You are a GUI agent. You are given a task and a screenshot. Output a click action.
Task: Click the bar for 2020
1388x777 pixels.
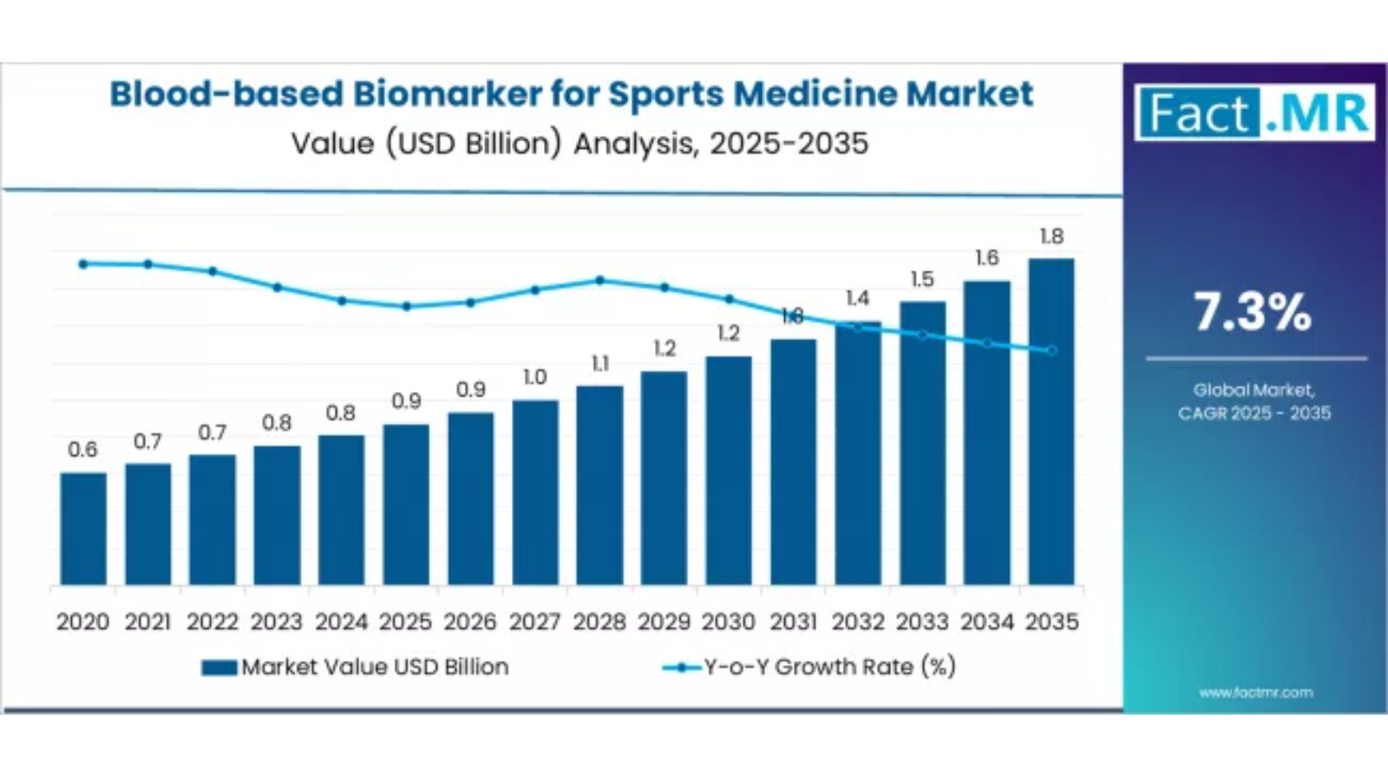click(83, 528)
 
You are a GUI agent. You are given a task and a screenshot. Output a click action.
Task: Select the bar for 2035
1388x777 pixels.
click(1051, 421)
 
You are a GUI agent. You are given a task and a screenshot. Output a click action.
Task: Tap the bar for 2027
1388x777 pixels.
click(535, 492)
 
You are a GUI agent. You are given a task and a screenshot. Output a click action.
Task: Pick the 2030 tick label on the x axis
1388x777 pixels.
click(729, 622)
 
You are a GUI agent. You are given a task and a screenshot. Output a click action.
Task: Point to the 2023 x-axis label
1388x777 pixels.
click(277, 622)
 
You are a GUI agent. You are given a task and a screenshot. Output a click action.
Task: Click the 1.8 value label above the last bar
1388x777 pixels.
click(1051, 236)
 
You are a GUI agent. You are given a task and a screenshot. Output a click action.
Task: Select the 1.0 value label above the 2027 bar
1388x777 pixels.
click(535, 377)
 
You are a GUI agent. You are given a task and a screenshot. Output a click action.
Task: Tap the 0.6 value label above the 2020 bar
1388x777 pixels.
click(83, 449)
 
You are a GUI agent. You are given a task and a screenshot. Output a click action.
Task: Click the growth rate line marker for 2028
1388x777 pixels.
click(600, 280)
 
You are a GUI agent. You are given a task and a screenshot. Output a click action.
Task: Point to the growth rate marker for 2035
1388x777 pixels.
click(1052, 351)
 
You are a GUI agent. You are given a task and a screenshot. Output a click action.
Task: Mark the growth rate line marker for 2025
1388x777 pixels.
click(407, 306)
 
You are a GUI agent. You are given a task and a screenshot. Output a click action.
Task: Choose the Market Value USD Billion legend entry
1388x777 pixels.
click(356, 667)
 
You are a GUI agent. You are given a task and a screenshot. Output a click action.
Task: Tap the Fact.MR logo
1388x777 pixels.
click(1254, 113)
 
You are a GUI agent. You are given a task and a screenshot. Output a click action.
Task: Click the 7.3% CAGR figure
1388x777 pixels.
click(1254, 312)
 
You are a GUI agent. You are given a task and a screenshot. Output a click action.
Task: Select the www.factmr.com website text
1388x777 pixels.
click(1255, 692)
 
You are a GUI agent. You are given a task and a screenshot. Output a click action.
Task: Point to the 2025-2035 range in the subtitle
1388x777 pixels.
click(789, 143)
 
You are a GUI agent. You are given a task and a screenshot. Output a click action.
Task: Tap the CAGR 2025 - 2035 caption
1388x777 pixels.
click(1254, 413)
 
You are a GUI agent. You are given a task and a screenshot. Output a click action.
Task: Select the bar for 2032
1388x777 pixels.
click(858, 453)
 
